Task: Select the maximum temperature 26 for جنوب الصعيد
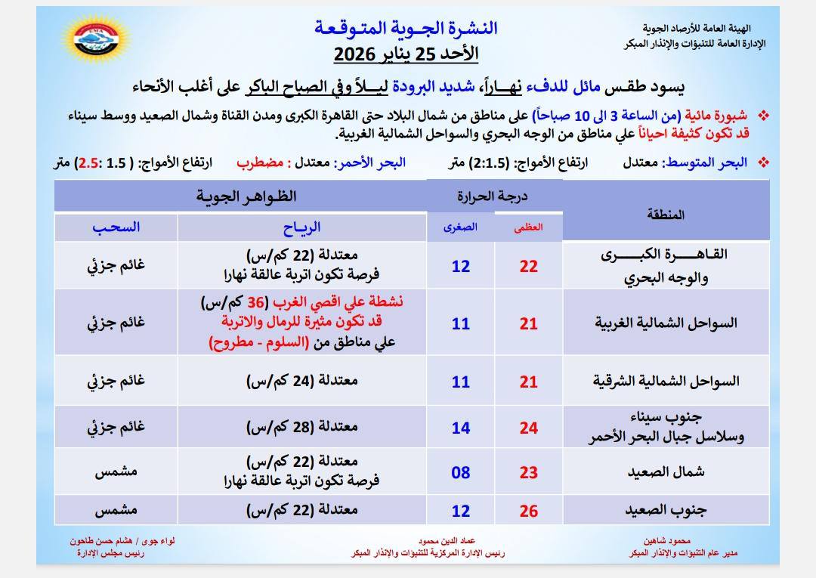529,512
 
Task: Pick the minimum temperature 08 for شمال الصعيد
460,473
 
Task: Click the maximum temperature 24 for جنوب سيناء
529,428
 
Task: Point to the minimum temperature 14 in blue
460,428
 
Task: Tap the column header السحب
116,227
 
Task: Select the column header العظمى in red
529,227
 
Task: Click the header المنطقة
666,214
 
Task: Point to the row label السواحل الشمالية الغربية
666,323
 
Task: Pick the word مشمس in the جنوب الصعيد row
116,511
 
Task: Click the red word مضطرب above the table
259,162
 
